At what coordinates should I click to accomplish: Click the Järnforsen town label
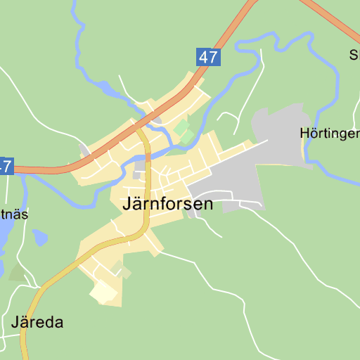(x=167, y=205)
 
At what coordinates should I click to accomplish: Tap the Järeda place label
(x=37, y=323)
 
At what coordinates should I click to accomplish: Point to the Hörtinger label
(x=329, y=132)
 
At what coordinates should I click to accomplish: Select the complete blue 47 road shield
(x=208, y=57)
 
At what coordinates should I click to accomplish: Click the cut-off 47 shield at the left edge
(x=6, y=167)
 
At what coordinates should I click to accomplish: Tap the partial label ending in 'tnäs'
(x=14, y=214)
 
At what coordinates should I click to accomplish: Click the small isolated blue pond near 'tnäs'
(x=40, y=238)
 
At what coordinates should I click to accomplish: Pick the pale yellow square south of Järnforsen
(x=104, y=292)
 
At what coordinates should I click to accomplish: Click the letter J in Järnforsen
(x=127, y=205)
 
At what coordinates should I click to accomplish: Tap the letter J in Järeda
(x=15, y=323)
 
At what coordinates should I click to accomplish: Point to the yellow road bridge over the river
(x=148, y=156)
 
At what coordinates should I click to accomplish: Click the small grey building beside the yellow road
(x=140, y=166)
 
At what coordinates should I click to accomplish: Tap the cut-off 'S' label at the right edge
(x=354, y=55)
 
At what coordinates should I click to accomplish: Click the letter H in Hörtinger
(x=304, y=132)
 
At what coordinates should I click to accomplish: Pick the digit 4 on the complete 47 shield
(x=203, y=57)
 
